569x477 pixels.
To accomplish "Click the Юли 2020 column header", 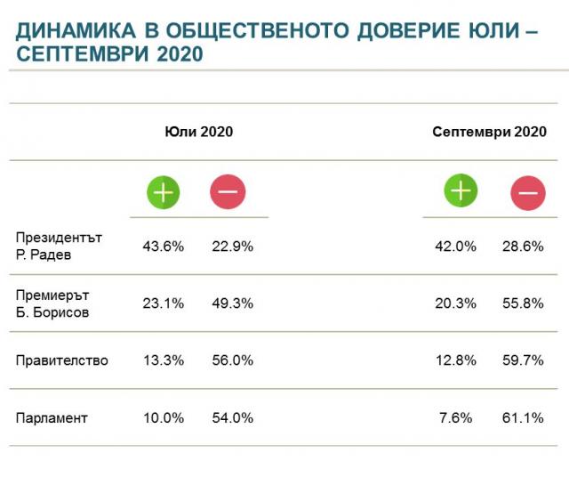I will coord(198,132).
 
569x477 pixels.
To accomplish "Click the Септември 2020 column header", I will coord(489,132).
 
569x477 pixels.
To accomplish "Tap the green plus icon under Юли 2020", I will coord(164,191).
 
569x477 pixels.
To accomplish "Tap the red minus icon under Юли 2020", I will coord(228,191).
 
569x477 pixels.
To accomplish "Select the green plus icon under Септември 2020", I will coord(461,190).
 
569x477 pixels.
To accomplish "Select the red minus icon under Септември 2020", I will coord(528,193).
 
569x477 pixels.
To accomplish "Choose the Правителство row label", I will coord(62,360).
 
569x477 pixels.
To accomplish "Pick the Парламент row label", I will coord(52,418).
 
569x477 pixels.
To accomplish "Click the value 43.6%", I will coord(164,247).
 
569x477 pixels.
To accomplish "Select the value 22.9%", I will coord(233,247).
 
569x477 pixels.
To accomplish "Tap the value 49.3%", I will coord(233,303).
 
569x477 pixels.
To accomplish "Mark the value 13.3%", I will coord(164,360).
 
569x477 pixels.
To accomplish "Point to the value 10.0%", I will coord(164,418).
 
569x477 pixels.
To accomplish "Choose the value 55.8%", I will coord(523,303).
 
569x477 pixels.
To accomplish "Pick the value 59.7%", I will coord(523,360).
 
